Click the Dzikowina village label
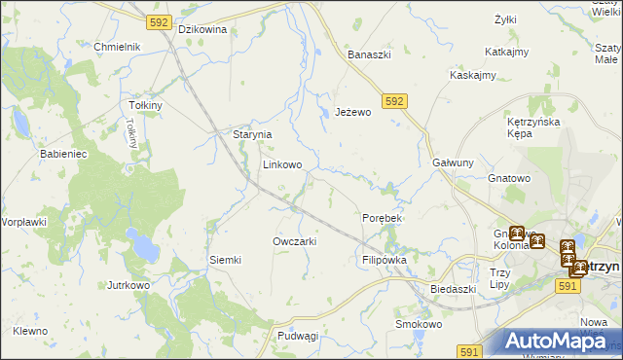pos(202,29)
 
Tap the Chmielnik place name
pos(118,47)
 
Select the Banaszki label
pos(369,54)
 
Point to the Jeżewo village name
pos(353,112)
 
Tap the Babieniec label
pos(64,154)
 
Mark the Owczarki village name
pos(295,240)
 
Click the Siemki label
pos(225,260)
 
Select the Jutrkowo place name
pos(128,285)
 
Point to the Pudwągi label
pos(298,336)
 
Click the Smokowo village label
pos(419,324)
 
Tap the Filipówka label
pos(384,260)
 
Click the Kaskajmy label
pos(473,75)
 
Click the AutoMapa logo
pos(557,341)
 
